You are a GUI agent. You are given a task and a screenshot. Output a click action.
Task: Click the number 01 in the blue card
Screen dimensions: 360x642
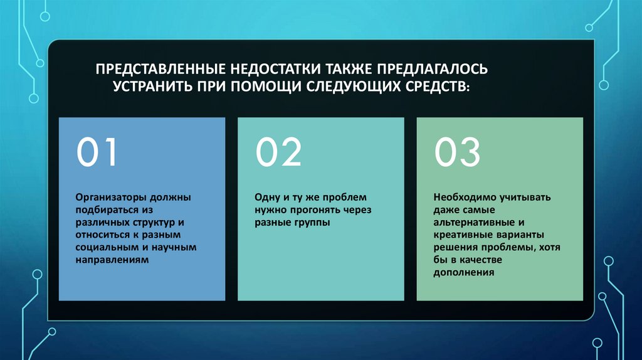click(97, 152)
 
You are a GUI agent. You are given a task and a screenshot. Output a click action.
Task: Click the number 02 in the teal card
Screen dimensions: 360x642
click(278, 152)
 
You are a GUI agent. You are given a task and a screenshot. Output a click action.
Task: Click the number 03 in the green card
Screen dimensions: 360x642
click(458, 152)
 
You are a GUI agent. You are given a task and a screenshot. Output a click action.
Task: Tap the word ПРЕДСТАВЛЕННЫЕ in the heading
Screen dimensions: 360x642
click(159, 67)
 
